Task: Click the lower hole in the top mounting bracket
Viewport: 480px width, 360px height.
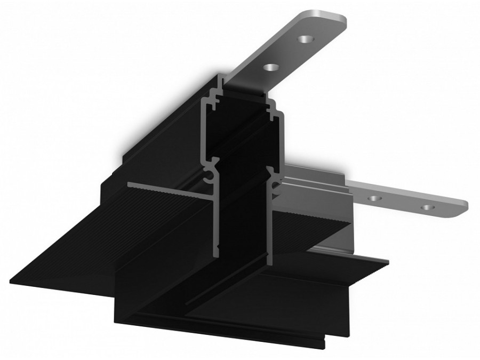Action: coord(271,68)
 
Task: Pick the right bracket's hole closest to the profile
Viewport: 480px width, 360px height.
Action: coord(375,198)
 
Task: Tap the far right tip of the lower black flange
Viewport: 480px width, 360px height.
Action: coord(388,261)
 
